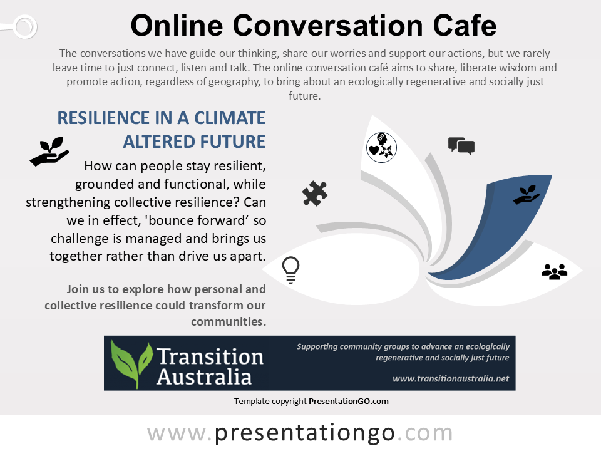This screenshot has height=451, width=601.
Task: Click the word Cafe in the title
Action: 465,26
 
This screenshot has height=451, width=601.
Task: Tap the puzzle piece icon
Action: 315,194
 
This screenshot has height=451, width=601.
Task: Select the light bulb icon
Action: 290,270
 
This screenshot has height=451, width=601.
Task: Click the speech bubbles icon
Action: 461,146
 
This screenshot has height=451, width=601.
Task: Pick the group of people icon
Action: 555,271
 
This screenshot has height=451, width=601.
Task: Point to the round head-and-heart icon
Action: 381,148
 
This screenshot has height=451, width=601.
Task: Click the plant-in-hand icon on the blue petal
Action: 527,194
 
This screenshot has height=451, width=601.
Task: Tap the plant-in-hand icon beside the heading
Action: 49,152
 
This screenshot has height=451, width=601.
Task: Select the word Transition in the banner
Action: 210,356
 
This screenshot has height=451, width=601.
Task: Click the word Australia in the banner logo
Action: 204,376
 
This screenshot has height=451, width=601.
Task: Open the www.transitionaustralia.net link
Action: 451,378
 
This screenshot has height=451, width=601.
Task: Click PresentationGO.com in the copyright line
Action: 349,401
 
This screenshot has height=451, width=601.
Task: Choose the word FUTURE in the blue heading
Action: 232,142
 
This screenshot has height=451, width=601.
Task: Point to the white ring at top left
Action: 25,26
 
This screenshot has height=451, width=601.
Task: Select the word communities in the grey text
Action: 229,321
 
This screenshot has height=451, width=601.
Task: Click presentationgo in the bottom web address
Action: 304,433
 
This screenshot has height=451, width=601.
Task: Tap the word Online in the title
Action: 177,26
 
